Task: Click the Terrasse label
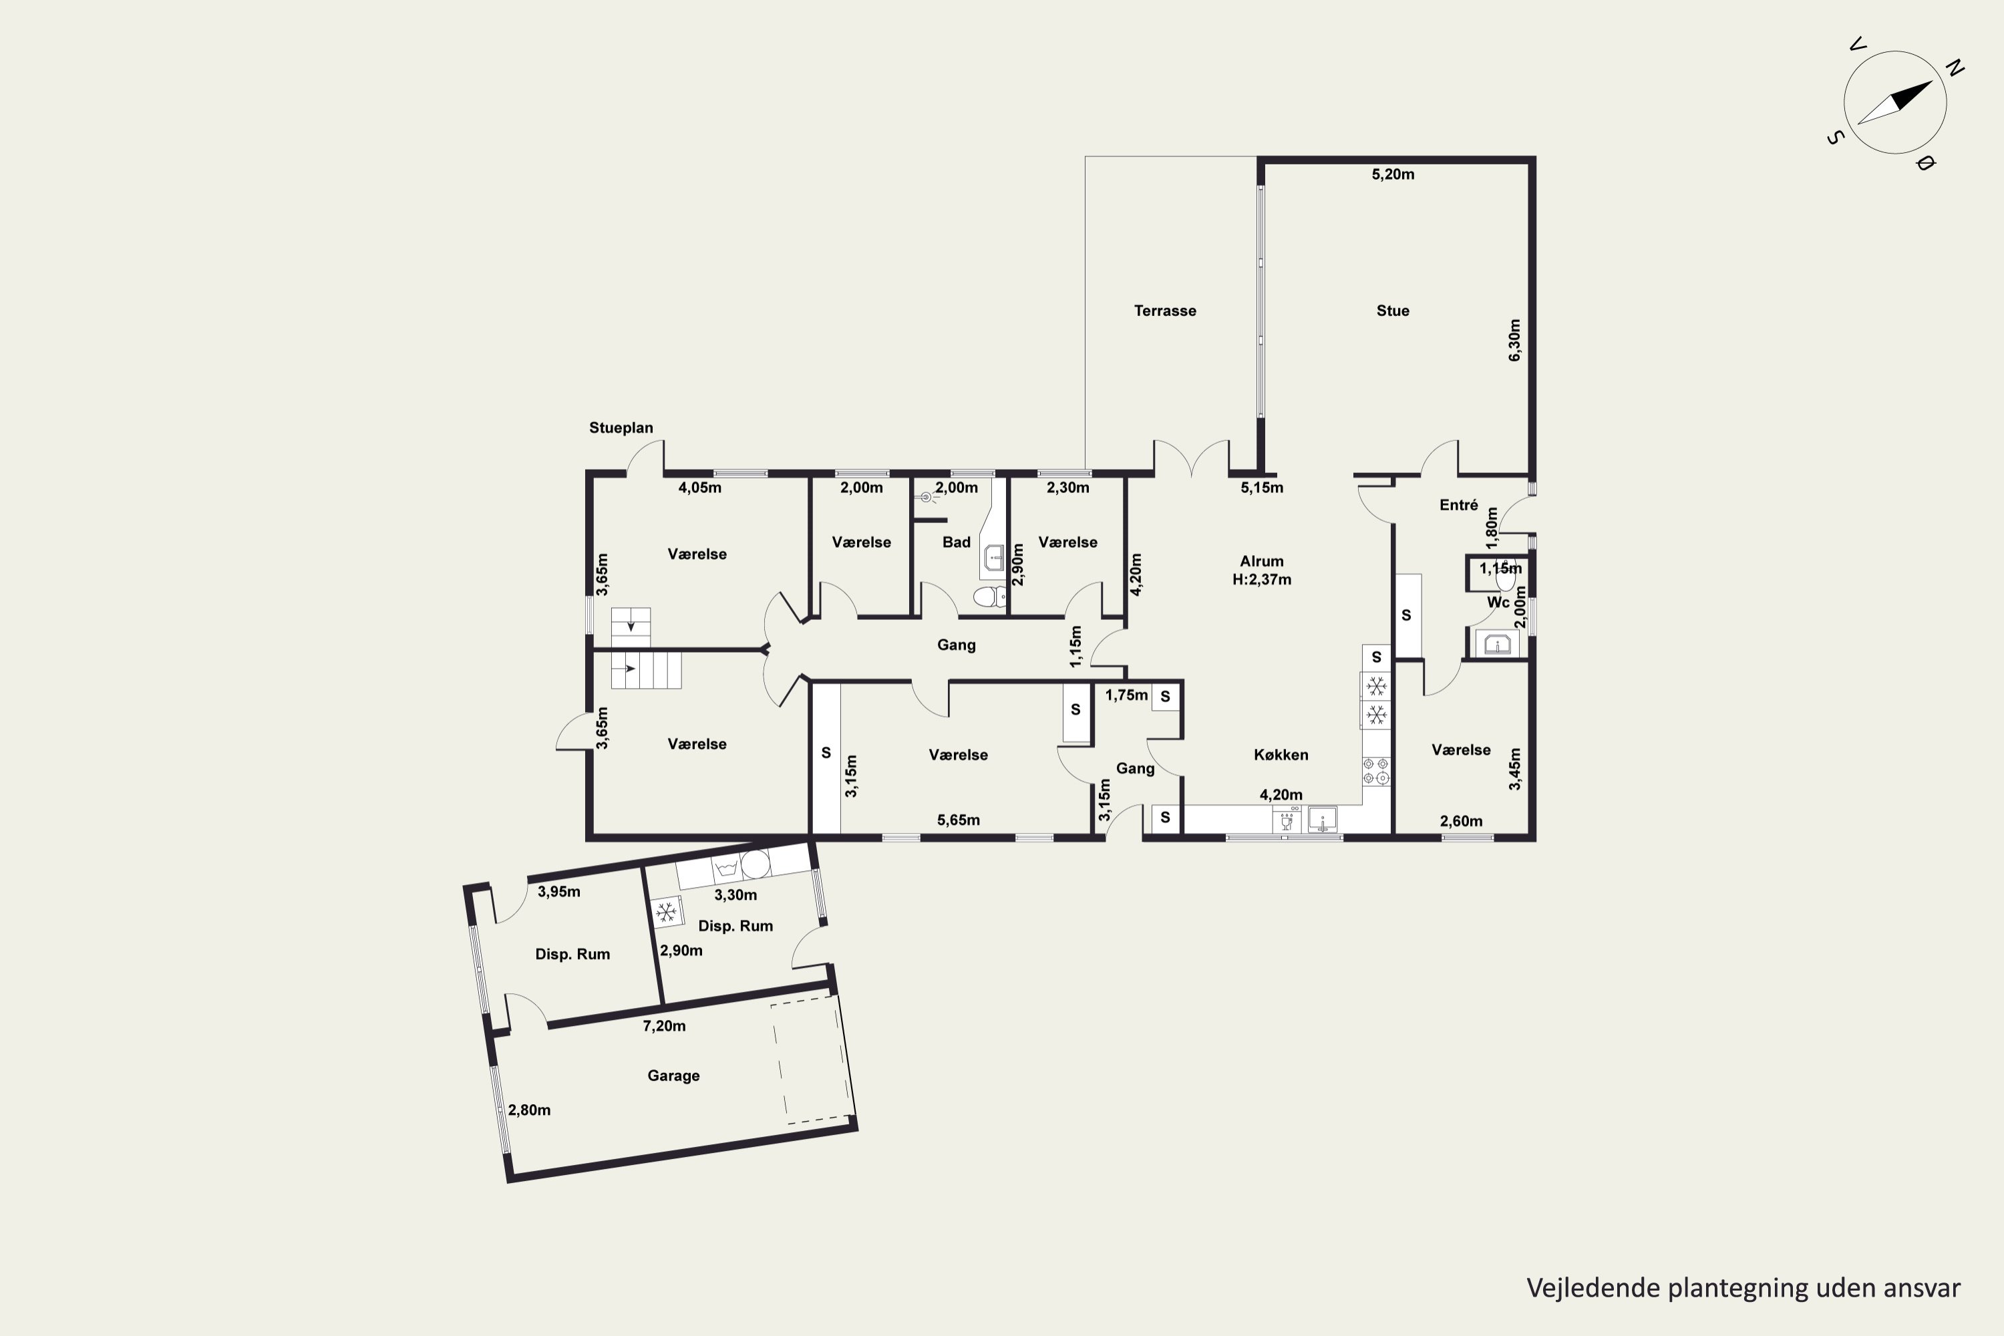(1165, 311)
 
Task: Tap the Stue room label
(1393, 311)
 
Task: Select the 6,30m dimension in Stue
(1514, 340)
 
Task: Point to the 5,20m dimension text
(1393, 174)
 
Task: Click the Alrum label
(1262, 562)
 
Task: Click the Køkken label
(1281, 755)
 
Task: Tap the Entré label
(1459, 505)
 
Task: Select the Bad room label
(956, 542)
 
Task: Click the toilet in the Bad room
(990, 597)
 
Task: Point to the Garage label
(673, 1076)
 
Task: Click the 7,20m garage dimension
(664, 1026)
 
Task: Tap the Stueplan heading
(621, 428)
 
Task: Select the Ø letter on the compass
(1925, 163)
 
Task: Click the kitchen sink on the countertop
(1323, 820)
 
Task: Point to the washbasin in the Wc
(1497, 644)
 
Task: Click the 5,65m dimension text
(959, 820)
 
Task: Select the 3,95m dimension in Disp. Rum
(559, 892)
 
